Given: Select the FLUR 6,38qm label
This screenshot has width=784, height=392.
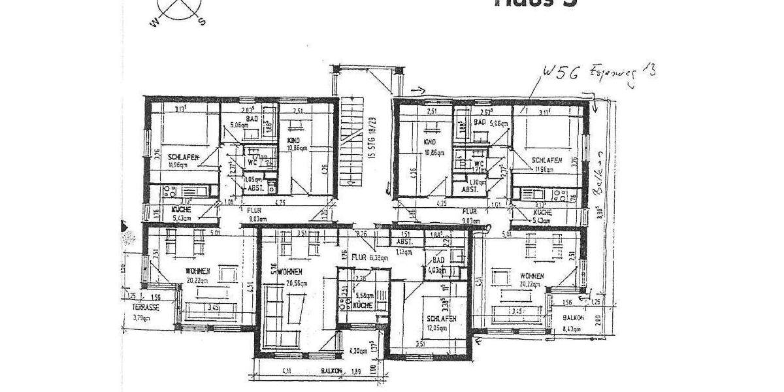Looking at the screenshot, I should click(370, 257).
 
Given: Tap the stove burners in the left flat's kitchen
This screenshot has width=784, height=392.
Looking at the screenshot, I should click(165, 192).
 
